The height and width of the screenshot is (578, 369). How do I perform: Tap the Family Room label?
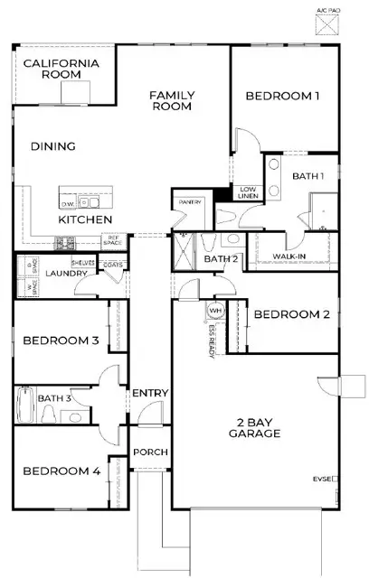172,100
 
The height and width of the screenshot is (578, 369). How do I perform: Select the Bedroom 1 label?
284,97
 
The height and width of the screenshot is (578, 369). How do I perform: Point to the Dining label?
52,146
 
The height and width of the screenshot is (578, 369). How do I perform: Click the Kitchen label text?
85,219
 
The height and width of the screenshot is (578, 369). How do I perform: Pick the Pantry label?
190,202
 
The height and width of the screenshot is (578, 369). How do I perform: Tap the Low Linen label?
248,191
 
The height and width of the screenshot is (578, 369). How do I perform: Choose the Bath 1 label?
308,176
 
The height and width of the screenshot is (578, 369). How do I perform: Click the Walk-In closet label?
289,256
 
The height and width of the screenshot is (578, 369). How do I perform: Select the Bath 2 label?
220,260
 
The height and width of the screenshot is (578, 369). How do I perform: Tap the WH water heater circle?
215,311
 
